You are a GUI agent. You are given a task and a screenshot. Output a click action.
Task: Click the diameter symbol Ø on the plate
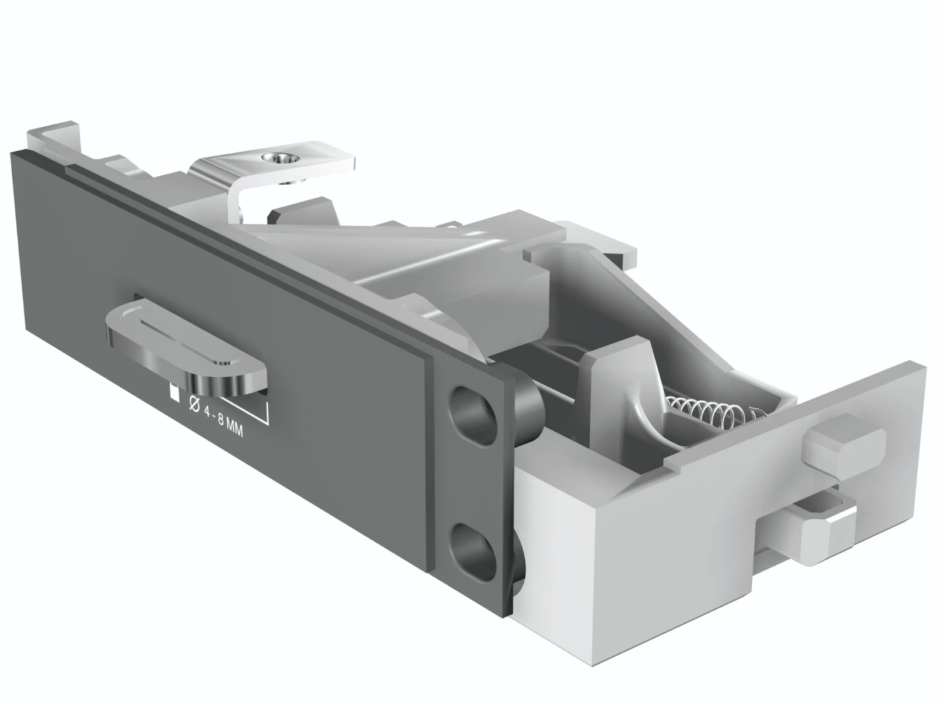coord(194,404)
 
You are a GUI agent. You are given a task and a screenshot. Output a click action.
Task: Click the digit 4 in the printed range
coord(207,412)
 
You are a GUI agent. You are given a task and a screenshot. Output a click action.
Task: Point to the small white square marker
coord(174,393)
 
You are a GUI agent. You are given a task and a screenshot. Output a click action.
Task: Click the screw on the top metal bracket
coord(279,159)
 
